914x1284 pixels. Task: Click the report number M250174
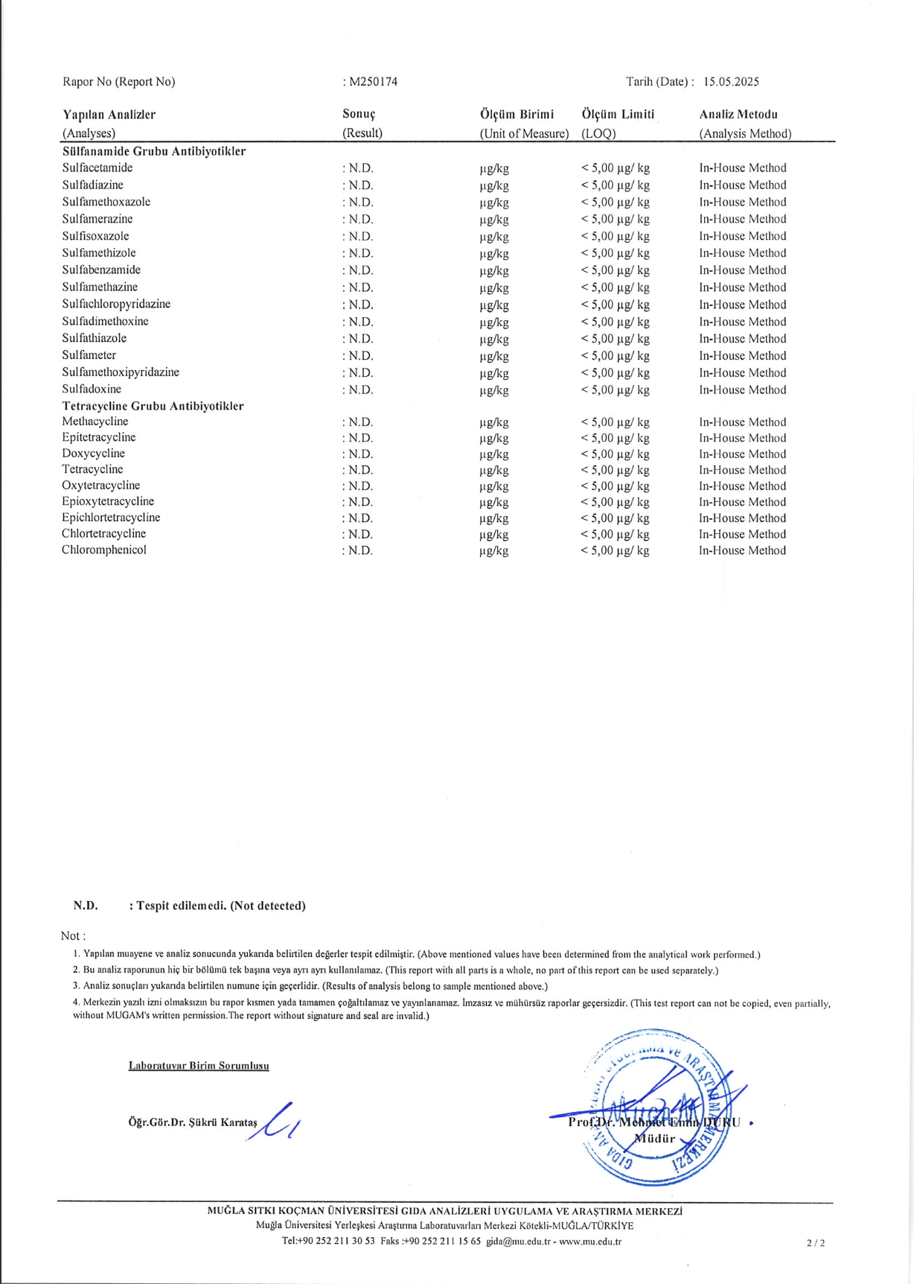373,82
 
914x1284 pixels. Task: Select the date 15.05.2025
731,82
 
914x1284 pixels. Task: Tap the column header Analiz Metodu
738,115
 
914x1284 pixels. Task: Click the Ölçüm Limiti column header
618,115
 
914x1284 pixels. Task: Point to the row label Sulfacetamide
98,168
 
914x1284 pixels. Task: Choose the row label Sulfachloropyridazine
116,304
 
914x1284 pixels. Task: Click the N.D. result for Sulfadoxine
358,390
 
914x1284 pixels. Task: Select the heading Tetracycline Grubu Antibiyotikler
153,406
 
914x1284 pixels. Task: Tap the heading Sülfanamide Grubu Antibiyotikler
154,151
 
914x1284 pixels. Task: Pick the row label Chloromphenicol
104,550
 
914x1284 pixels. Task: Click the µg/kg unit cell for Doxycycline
494,454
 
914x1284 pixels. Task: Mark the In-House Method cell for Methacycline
742,422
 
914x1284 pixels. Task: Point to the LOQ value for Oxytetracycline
615,486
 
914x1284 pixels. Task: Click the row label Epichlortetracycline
111,518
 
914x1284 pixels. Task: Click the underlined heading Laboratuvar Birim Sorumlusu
199,1066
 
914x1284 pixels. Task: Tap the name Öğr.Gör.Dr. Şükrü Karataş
193,1122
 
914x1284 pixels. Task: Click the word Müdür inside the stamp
655,1138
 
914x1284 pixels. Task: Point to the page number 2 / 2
816,1242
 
